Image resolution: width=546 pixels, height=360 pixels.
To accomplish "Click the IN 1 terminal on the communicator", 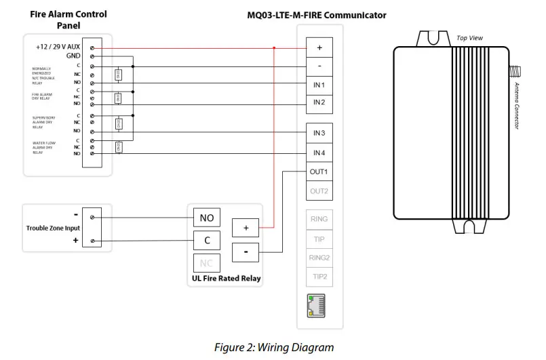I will [x=319, y=85].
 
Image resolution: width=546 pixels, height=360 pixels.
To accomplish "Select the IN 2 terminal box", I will [x=319, y=102].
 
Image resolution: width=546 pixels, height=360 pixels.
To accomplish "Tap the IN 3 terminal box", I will [x=319, y=134].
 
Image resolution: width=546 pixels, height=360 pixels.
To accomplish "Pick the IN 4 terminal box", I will [x=319, y=153].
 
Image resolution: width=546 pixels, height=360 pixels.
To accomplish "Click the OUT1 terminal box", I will [x=319, y=172].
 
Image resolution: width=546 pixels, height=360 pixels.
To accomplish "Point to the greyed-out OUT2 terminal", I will [x=319, y=191].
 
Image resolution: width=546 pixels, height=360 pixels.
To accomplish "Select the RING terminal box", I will [x=319, y=220].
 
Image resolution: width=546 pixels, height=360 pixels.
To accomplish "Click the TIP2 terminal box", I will [x=319, y=277].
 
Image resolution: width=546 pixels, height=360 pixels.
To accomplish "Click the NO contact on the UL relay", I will [x=207, y=218].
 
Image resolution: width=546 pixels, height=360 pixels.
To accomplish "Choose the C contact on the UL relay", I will [x=207, y=240].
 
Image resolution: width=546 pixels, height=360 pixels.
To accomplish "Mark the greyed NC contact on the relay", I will [x=207, y=263].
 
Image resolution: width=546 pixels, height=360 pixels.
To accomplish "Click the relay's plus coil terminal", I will [x=246, y=228].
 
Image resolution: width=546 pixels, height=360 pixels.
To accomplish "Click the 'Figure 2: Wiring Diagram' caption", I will [x=274, y=348].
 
